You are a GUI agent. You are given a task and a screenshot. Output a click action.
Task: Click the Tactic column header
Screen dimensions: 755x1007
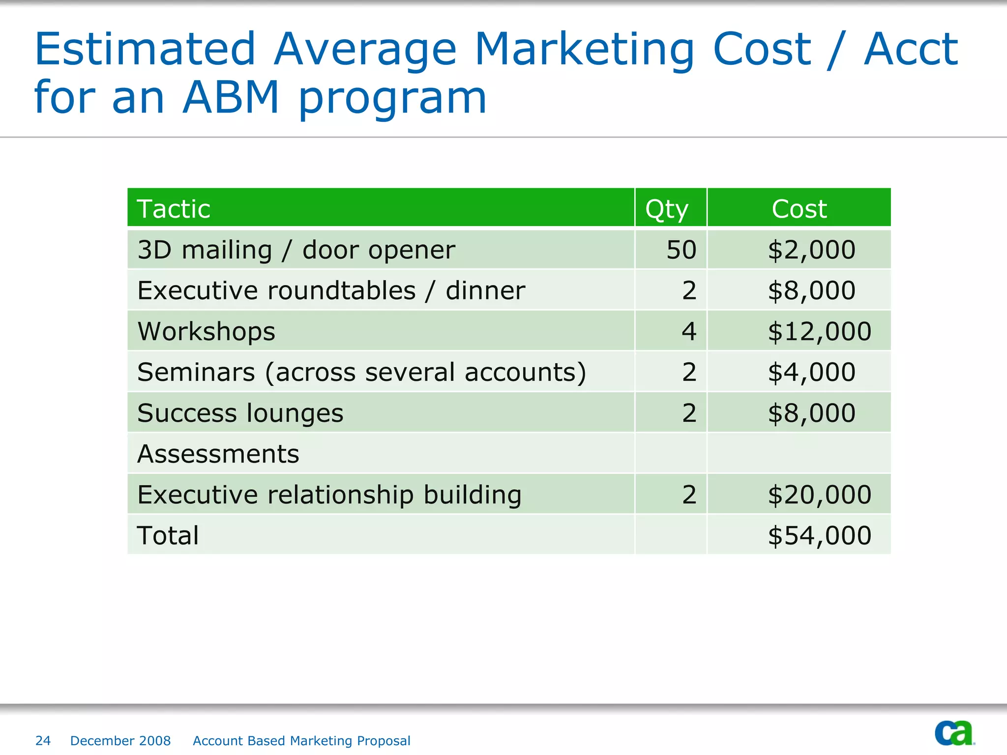(174, 209)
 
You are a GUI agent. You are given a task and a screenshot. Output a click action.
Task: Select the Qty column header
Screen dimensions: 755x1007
(667, 209)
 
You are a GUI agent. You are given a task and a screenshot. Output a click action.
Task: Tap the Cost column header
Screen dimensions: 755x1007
(799, 209)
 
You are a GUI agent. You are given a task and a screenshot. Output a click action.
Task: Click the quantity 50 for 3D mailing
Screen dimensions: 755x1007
(681, 250)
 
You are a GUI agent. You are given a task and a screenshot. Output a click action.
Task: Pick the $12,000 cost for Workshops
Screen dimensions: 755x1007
(819, 331)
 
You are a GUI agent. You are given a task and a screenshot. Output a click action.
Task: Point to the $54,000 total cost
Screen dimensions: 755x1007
(819, 535)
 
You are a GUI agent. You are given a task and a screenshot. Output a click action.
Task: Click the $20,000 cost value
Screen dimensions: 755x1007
(819, 494)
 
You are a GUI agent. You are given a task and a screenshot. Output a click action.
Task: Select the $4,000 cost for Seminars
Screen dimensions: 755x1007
(811, 372)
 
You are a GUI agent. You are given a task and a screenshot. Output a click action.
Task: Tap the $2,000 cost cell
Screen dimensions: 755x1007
(811, 250)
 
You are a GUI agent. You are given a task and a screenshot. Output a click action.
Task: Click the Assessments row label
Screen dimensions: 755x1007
(218, 454)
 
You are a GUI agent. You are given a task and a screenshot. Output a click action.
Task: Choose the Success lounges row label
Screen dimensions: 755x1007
(240, 413)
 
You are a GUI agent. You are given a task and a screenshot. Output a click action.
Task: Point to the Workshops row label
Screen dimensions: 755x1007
(207, 331)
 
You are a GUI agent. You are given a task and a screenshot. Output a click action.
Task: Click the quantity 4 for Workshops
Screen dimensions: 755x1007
(689, 331)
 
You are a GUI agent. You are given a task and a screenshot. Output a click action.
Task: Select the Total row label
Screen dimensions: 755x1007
(168, 535)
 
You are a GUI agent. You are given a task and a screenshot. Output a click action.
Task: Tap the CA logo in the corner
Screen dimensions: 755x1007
(954, 733)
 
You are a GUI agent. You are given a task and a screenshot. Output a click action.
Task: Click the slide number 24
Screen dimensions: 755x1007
(43, 741)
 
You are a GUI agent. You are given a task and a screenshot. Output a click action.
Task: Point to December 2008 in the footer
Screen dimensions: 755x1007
(120, 741)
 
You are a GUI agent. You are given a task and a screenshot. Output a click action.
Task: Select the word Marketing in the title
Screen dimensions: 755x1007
(585, 49)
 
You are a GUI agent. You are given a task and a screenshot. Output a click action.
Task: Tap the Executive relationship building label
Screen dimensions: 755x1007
(329, 494)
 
